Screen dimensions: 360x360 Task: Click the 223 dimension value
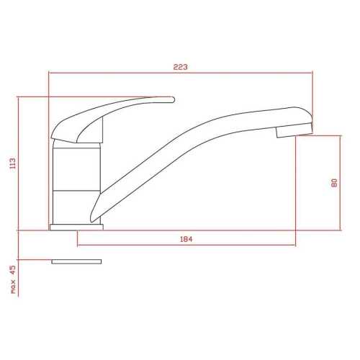click(180, 67)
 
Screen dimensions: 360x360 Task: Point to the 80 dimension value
click(334, 183)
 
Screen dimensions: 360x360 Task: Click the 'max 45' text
click(12, 280)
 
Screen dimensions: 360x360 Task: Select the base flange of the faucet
click(76, 227)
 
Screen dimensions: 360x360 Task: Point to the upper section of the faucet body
click(73, 166)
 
